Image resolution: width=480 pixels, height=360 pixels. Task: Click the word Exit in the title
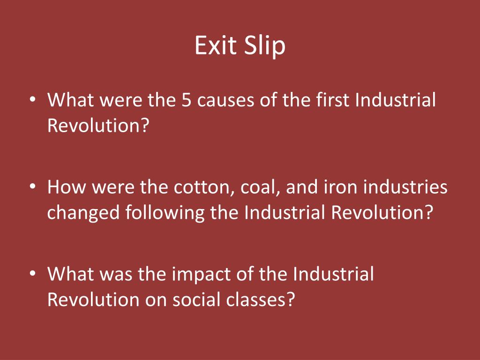click(x=214, y=46)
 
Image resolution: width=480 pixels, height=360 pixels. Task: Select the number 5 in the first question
click(x=185, y=100)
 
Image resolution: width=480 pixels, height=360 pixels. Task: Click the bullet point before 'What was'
click(x=32, y=274)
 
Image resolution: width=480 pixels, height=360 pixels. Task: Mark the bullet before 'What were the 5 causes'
click(x=32, y=101)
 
